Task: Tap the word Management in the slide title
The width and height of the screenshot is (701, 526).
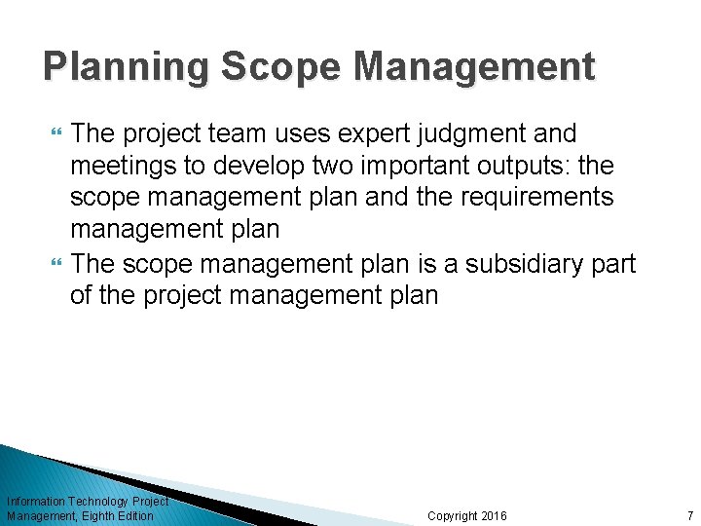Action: pyautogui.click(x=474, y=67)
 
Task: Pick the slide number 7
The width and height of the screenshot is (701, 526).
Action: pyautogui.click(x=689, y=515)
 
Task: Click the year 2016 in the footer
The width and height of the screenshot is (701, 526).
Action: pyautogui.click(x=494, y=515)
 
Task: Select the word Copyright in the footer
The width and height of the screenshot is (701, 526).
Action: pyautogui.click(x=452, y=515)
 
